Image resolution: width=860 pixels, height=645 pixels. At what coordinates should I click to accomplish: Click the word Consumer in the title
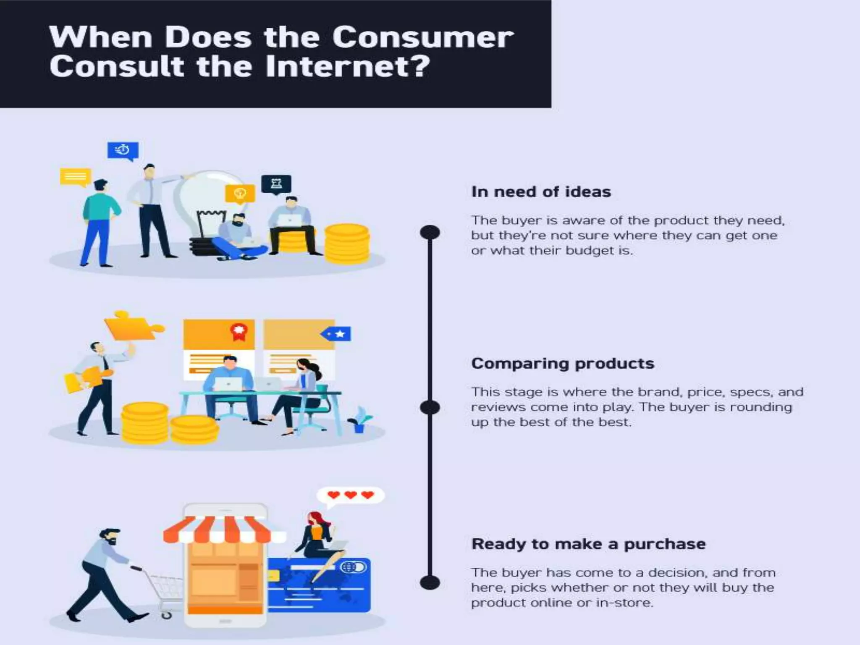(x=423, y=37)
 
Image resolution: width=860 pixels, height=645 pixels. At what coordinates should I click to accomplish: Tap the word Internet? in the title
(x=348, y=67)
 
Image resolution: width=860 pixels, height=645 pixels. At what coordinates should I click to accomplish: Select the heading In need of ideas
(x=541, y=192)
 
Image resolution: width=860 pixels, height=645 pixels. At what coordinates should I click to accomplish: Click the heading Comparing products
(x=563, y=364)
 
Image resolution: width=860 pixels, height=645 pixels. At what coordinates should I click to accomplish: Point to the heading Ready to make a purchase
(x=588, y=544)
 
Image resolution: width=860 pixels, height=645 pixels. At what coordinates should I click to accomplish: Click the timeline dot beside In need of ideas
(x=430, y=232)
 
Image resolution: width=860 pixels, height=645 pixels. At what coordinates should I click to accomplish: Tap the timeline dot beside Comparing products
(x=430, y=407)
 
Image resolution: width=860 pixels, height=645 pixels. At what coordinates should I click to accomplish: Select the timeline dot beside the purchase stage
(x=430, y=582)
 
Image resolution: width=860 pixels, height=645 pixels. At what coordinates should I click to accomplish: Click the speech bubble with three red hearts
(x=350, y=496)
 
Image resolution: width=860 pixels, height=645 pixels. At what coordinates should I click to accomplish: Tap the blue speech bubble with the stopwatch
(x=123, y=150)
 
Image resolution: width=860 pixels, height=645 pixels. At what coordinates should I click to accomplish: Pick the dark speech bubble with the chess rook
(x=276, y=184)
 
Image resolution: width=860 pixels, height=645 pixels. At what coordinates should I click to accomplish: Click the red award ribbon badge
(x=239, y=331)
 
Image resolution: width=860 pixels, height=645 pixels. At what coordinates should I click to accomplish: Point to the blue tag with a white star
(x=336, y=334)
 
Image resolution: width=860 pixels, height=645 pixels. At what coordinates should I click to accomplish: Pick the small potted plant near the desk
(x=359, y=420)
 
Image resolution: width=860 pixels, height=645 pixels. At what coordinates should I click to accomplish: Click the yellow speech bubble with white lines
(x=76, y=177)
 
